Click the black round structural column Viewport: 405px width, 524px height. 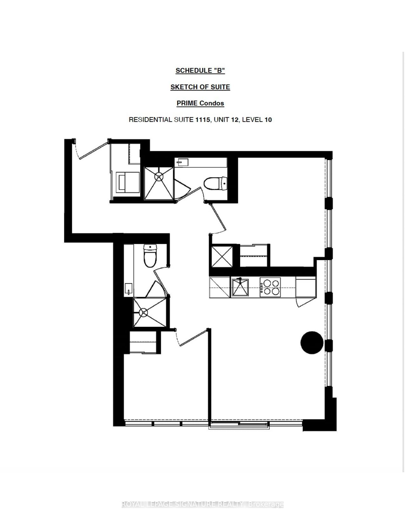312,342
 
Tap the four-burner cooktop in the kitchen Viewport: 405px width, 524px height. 270,287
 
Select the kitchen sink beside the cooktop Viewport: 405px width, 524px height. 240,287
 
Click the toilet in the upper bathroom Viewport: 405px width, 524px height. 215,183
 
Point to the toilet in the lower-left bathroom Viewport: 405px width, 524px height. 150,255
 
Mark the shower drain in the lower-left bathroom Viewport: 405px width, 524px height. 144,312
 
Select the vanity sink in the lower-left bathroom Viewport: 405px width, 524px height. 129,289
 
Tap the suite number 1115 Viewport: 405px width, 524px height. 203,120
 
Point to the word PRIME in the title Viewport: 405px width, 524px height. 187,103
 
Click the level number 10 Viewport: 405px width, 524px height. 268,120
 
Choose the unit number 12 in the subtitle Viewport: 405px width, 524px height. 236,120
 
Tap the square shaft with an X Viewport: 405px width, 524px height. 222,256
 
